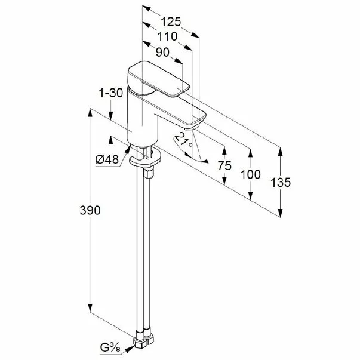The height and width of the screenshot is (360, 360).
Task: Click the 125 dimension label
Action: point(171,22)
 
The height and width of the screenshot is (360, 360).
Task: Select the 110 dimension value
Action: point(167,36)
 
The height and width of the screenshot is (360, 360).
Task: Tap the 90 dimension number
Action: point(162,53)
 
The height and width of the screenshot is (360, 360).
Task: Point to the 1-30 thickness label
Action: point(111,93)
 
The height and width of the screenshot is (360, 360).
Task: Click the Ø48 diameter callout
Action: point(107,159)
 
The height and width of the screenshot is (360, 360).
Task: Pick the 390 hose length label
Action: point(90,210)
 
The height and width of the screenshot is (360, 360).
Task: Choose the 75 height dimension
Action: point(224,165)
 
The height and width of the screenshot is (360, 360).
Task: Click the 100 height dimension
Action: point(251,174)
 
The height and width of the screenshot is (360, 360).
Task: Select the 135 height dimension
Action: point(281,183)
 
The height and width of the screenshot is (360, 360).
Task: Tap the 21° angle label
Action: point(183,140)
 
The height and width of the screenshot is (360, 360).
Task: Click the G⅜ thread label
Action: point(110,348)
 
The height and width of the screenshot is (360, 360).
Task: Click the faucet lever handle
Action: point(158,79)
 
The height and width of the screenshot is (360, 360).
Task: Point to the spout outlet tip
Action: point(190,128)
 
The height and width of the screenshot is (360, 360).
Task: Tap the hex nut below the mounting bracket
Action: point(149,173)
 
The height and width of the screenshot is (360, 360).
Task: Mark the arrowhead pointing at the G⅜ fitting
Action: point(130,349)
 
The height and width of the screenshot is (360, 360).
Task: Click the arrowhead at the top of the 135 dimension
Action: point(281,152)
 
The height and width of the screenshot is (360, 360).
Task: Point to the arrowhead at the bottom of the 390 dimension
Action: point(90,307)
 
